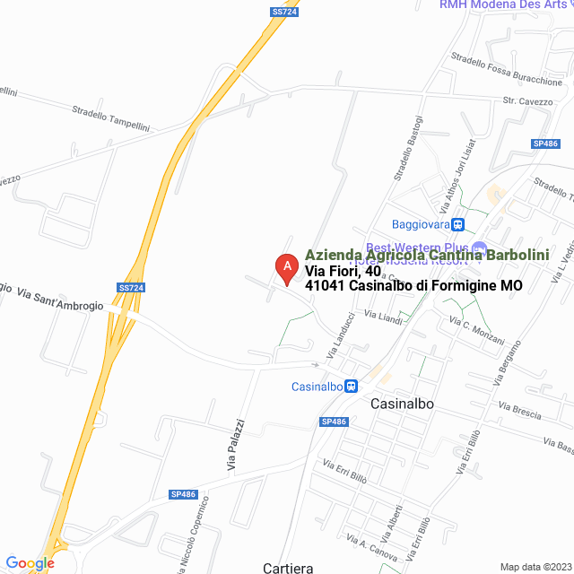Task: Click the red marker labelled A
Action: tap(286, 268)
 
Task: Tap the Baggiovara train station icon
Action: tap(457, 224)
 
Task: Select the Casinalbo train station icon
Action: tap(352, 387)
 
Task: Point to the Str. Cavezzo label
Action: tap(527, 102)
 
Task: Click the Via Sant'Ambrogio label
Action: tap(60, 300)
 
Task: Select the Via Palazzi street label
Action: tap(235, 446)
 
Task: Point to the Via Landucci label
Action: tap(341, 336)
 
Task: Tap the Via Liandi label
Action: tap(383, 317)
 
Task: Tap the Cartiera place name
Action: tap(289, 568)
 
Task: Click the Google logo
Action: tap(30, 563)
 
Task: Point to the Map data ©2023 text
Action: tap(535, 567)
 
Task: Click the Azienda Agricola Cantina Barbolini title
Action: tap(427, 256)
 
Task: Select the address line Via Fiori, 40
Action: tap(343, 271)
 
